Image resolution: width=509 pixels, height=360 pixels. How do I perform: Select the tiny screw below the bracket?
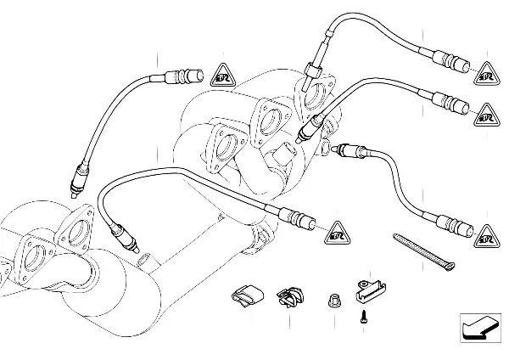coord(363,317)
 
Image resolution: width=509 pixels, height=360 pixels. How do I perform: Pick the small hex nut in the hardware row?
coord(333,298)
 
